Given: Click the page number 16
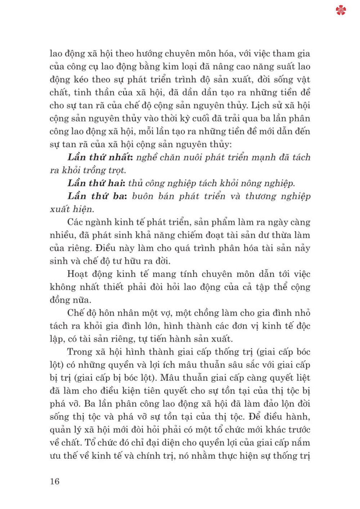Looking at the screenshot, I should tap(54, 481).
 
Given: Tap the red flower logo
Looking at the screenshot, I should tap(341, 10).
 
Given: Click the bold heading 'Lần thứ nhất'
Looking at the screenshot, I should tap(99, 157).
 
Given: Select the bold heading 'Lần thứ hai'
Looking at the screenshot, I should tap(96, 183).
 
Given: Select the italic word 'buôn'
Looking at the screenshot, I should tap(143, 196).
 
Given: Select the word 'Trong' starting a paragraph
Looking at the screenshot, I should tap(80, 352).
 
